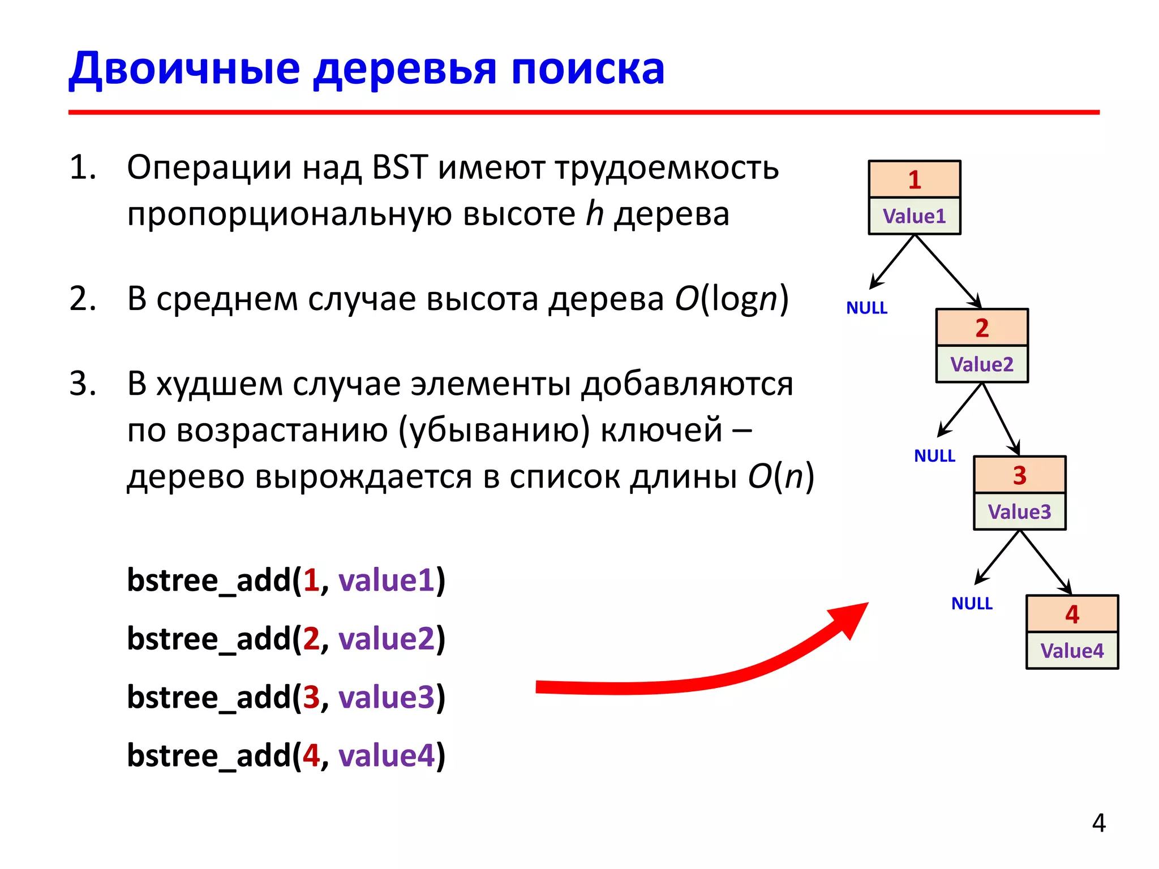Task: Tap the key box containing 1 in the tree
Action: click(914, 179)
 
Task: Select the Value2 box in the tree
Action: click(981, 364)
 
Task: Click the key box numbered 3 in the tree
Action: click(1019, 475)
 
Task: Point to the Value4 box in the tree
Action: click(1072, 651)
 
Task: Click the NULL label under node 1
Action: click(866, 308)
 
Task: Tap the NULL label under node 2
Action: click(934, 455)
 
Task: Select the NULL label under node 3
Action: click(972, 604)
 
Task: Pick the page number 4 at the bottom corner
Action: click(1098, 823)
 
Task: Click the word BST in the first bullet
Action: click(400, 167)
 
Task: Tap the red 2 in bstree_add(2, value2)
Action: click(311, 639)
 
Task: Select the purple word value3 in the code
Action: click(387, 697)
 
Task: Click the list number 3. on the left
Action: click(83, 384)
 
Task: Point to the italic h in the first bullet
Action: click(594, 214)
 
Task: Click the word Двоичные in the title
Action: click(184, 69)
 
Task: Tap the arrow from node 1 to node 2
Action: click(948, 272)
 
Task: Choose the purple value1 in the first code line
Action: click(387, 580)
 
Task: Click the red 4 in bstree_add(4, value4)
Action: click(311, 755)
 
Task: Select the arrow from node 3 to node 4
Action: click(1046, 563)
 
